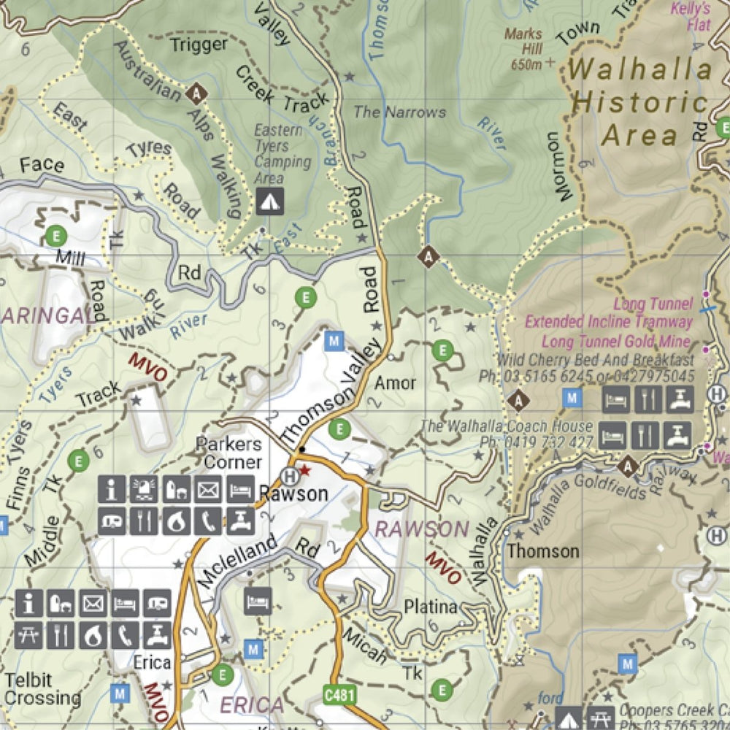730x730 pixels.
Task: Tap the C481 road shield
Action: pyautogui.click(x=339, y=695)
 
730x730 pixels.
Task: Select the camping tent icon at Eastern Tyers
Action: pyautogui.click(x=269, y=201)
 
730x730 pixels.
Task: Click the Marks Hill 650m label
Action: pyautogui.click(x=523, y=48)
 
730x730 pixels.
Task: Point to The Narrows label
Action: pyautogui.click(x=399, y=112)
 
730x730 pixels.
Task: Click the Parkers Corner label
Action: pyautogui.click(x=228, y=453)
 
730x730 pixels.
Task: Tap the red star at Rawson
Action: pyautogui.click(x=305, y=471)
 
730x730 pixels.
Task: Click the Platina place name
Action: pyautogui.click(x=431, y=607)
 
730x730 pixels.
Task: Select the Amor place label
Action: pyautogui.click(x=395, y=383)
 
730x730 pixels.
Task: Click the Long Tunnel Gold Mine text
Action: pyautogui.click(x=615, y=341)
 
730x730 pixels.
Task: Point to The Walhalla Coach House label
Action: pyautogui.click(x=506, y=426)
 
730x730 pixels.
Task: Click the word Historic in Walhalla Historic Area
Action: pyautogui.click(x=639, y=103)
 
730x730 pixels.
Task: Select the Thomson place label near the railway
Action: pyautogui.click(x=543, y=550)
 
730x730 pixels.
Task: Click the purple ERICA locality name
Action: pyautogui.click(x=251, y=706)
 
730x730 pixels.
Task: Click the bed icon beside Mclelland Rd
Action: pyautogui.click(x=258, y=601)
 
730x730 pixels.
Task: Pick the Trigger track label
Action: pyautogui.click(x=199, y=45)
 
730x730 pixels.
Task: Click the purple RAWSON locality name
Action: pyautogui.click(x=421, y=529)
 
